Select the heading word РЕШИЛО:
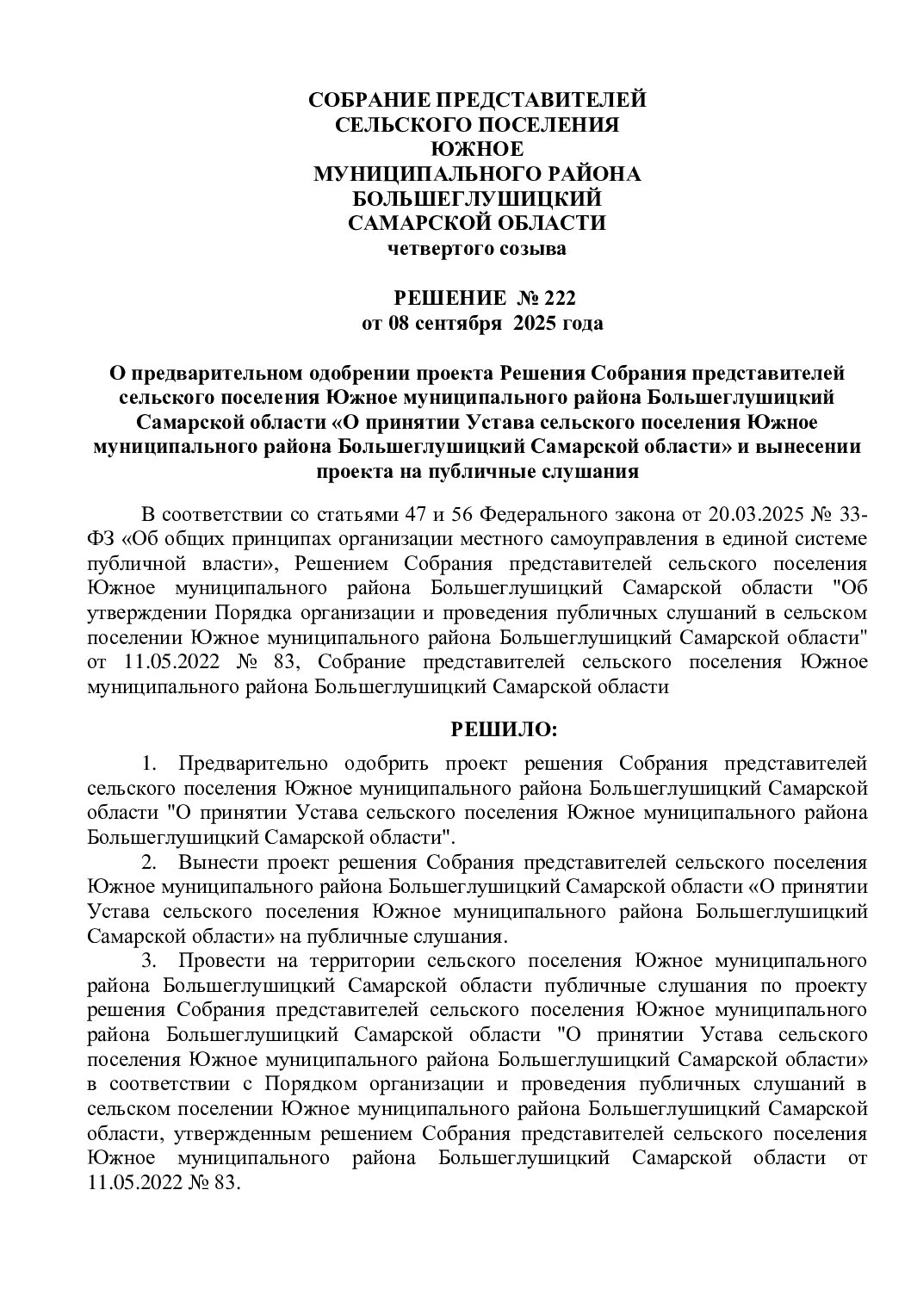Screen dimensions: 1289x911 pyautogui.click(x=505, y=730)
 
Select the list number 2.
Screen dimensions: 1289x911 pyautogui.click(x=148, y=862)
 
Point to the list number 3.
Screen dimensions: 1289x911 pyautogui.click(x=148, y=960)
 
